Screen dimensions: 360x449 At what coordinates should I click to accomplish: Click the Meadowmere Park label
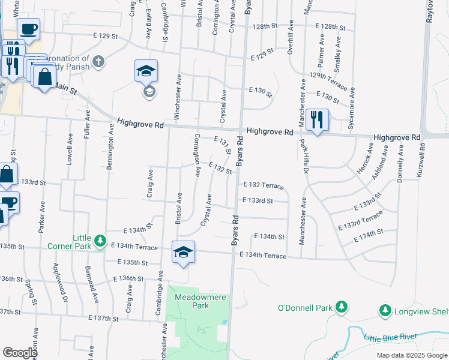pyautogui.click(x=192, y=301)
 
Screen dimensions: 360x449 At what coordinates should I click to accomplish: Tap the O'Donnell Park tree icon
pyautogui.click(x=342, y=308)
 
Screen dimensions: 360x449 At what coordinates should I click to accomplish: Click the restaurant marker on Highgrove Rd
pyautogui.click(x=316, y=119)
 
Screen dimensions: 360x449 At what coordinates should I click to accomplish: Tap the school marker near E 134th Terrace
pyautogui.click(x=183, y=251)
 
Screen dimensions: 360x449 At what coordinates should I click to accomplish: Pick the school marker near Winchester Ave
pyautogui.click(x=146, y=72)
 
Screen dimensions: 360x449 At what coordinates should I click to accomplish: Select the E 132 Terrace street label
pyautogui.click(x=263, y=186)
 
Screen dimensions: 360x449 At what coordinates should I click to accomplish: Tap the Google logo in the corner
pyautogui.click(x=20, y=353)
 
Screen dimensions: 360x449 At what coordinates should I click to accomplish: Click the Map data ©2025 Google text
pyautogui.click(x=411, y=355)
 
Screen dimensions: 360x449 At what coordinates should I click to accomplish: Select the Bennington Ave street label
pyautogui.click(x=110, y=148)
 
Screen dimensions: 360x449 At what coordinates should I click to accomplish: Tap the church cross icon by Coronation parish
pyautogui.click(x=98, y=61)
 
